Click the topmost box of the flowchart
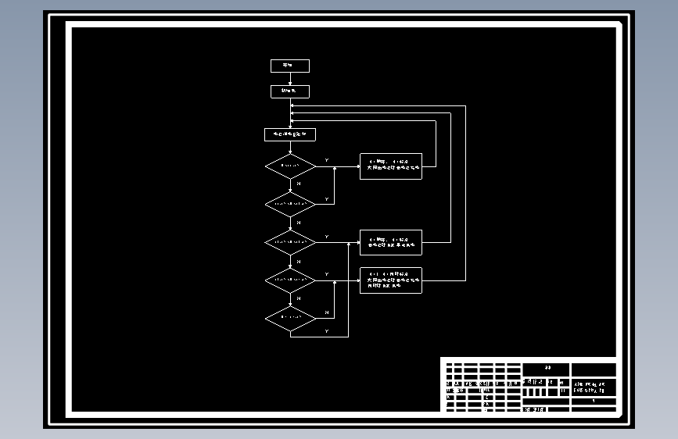tap(289, 66)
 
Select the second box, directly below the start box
tap(289, 91)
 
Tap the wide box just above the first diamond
tap(289, 134)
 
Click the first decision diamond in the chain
tap(289, 166)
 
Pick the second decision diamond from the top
tap(289, 205)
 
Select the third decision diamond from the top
tap(289, 242)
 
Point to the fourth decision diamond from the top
tap(289, 280)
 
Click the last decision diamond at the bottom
tap(289, 318)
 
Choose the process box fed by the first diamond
tap(390, 166)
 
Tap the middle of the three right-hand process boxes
tap(390, 242)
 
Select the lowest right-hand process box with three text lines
tap(390, 280)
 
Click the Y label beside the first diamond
tap(326, 161)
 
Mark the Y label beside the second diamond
tap(326, 199)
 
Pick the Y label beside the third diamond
tap(326, 237)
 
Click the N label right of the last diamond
tap(326, 312)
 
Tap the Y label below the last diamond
tap(326, 332)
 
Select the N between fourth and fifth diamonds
tap(298, 298)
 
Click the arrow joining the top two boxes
tap(290, 79)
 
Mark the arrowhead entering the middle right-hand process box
tap(357, 242)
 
